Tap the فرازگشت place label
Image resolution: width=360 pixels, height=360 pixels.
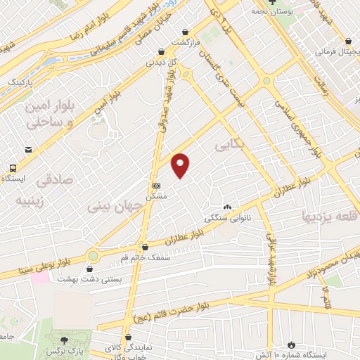(186, 42)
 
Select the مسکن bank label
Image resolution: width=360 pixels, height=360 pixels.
(156, 198)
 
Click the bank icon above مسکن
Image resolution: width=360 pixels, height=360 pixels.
(156, 186)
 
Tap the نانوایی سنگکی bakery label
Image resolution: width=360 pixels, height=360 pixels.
(226, 218)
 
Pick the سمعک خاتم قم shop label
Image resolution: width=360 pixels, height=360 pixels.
(146, 258)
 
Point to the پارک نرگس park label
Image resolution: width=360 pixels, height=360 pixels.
(72, 349)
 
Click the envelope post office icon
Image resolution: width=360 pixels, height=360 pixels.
(27, 149)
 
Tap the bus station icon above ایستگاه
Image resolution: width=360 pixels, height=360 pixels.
(13, 167)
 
